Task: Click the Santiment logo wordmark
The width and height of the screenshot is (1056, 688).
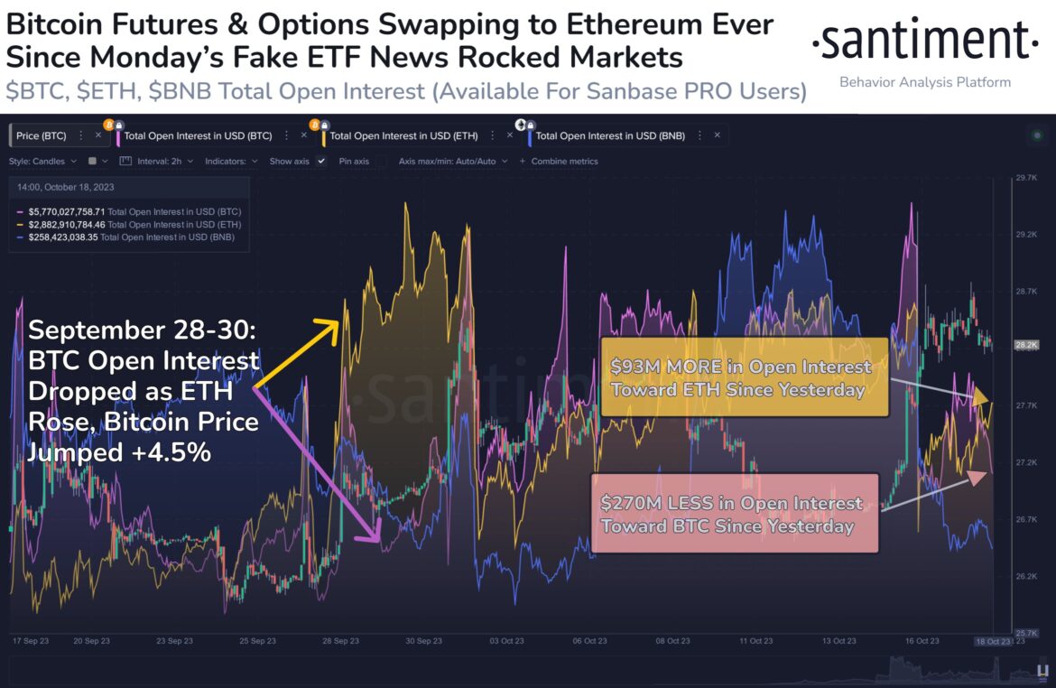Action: [925, 41]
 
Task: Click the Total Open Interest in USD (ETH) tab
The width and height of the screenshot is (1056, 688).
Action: [392, 136]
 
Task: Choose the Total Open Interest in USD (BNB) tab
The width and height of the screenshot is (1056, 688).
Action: [610, 136]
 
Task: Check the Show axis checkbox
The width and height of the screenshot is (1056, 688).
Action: [321, 162]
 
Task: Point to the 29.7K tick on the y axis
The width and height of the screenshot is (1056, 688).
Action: [1025, 178]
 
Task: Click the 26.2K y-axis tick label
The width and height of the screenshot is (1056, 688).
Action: [1025, 576]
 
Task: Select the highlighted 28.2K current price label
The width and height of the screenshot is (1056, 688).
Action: [1026, 345]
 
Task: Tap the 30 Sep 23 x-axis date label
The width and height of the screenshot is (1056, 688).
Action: [424, 641]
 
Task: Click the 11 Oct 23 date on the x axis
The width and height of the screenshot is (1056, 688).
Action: [756, 641]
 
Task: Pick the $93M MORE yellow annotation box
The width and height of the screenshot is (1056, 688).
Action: [744, 378]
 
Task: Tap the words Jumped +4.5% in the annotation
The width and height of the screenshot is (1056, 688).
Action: [120, 451]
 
